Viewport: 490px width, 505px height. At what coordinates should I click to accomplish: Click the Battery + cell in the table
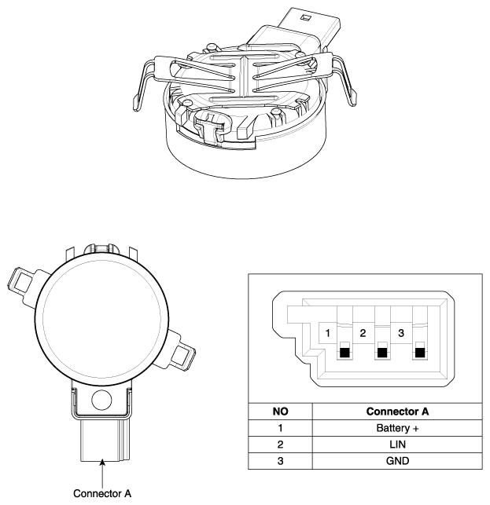pos(397,428)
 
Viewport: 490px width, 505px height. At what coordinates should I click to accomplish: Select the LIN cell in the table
pos(397,445)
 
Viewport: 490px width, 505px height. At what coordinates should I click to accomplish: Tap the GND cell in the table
pos(397,461)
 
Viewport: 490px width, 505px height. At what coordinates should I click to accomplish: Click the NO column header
pos(280,412)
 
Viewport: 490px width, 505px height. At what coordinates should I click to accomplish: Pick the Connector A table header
pos(397,412)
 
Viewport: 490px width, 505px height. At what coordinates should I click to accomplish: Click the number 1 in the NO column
pos(280,428)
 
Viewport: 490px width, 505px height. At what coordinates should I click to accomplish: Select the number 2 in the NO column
pos(280,445)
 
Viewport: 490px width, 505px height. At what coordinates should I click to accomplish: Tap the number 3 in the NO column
pos(280,461)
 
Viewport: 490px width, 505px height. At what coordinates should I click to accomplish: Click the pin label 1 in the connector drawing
pos(328,333)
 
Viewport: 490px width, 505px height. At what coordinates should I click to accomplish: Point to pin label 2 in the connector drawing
pos(363,333)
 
